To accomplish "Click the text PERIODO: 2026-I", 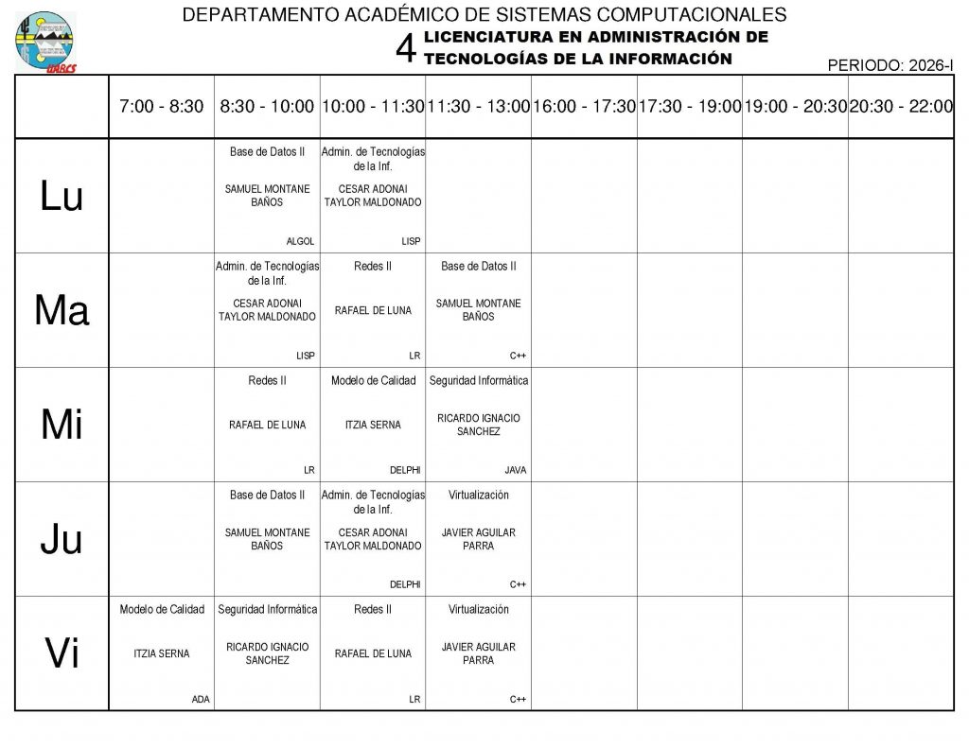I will point(890,65).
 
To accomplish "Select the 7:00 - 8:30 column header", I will point(162,107).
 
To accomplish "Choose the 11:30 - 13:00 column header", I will point(478,107).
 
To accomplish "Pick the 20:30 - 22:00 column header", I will point(901,107).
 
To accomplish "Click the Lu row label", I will point(62,196).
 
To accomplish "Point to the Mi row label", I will point(62,426).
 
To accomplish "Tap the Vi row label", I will point(62,653).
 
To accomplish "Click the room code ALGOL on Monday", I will point(300,241).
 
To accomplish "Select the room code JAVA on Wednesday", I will point(516,470).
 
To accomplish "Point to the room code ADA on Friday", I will point(201,699).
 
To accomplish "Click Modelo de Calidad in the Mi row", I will point(373,380).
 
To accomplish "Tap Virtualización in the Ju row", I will point(479,495).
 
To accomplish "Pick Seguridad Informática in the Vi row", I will point(268,609).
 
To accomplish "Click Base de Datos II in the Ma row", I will point(479,266).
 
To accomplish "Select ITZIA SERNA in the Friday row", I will point(162,653).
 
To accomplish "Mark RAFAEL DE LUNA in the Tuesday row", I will point(373,310).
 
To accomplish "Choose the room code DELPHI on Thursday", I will point(405,584).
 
